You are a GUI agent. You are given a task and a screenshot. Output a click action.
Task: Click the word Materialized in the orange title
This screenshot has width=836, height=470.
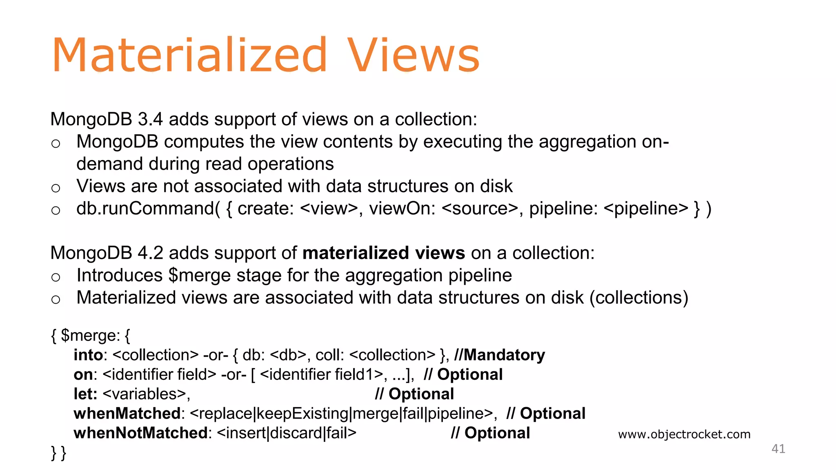[x=189, y=55]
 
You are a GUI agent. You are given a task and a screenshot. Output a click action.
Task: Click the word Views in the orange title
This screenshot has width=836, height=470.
[x=413, y=55]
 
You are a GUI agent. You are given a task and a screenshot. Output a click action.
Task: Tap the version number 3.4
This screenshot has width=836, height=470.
[x=150, y=119]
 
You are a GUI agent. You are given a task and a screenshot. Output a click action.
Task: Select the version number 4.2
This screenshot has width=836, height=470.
[x=150, y=253]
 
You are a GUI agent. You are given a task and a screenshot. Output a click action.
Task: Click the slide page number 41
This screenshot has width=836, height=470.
[x=778, y=449]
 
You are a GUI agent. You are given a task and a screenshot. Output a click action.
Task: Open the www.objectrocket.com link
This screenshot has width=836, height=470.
[x=684, y=434]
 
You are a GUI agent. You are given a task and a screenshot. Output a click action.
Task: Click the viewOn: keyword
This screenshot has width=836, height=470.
[x=402, y=208]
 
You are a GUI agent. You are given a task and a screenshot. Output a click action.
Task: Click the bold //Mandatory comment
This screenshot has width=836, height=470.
[x=500, y=355]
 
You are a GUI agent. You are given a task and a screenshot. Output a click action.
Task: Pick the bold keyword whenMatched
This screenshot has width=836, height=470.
[x=127, y=413]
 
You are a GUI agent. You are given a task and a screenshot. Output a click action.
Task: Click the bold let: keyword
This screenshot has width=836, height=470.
[x=85, y=394]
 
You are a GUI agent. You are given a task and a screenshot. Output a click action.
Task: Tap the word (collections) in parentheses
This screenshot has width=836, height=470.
[x=639, y=297]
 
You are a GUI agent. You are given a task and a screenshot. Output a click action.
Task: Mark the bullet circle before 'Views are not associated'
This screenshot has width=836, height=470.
[x=56, y=188]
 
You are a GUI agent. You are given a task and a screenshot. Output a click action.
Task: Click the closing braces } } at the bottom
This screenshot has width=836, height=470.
[x=58, y=453]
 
